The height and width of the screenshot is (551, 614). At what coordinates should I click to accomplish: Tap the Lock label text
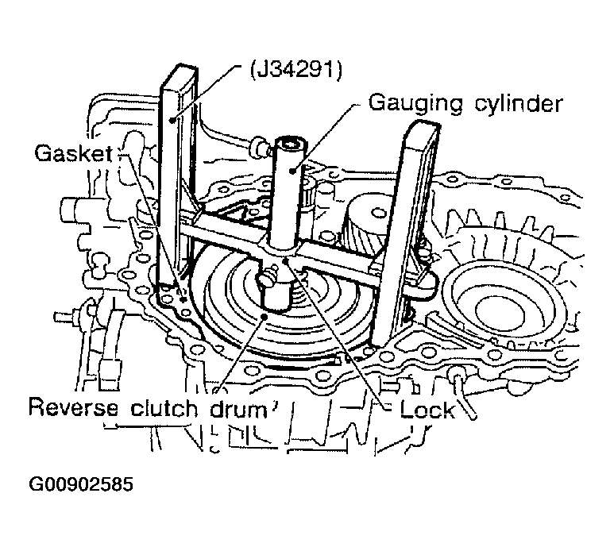point(427,409)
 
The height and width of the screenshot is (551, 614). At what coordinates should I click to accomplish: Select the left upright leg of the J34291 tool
point(176,183)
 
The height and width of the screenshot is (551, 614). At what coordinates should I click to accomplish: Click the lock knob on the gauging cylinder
point(271,279)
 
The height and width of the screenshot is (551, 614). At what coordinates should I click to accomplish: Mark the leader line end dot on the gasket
point(184,298)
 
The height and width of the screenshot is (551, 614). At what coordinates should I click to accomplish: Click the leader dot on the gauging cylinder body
point(292,169)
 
